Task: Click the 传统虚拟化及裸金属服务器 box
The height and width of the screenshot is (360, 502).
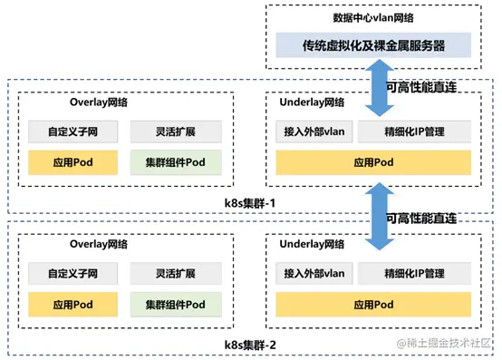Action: (x=373, y=44)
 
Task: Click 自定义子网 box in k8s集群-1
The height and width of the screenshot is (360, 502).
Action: (x=72, y=132)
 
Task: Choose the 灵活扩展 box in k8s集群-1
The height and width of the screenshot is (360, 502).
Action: (x=175, y=132)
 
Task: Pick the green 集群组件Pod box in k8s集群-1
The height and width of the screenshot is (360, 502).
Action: (x=175, y=162)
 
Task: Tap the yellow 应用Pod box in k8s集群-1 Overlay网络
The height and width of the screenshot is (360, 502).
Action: (x=72, y=162)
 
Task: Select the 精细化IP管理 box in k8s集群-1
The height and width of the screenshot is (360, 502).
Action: (x=414, y=132)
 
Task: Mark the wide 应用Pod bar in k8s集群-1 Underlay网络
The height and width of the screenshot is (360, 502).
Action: (x=373, y=162)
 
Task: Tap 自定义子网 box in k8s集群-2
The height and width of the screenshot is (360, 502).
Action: (x=72, y=272)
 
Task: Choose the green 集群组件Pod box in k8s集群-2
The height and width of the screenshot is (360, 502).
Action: (x=175, y=304)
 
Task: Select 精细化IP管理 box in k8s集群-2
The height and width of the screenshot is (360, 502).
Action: (x=414, y=272)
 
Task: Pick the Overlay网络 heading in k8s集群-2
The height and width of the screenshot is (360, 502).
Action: (x=99, y=245)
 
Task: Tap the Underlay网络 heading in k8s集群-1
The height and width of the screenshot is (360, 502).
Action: (x=313, y=103)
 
